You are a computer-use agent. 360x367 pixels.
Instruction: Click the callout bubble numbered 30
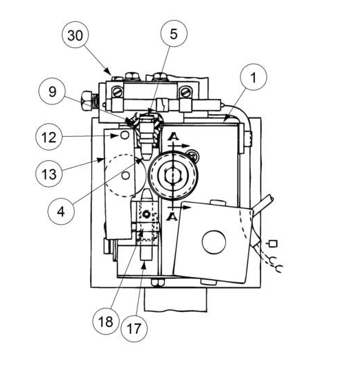tap(76, 35)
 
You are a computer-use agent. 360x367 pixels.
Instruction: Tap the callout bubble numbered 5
tap(174, 34)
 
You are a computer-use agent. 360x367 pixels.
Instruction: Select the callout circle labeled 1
tap(254, 77)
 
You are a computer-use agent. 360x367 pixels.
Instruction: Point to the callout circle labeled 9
tap(52, 91)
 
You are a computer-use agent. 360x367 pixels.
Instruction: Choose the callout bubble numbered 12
tap(49, 137)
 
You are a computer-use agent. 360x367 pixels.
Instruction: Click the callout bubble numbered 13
tap(49, 173)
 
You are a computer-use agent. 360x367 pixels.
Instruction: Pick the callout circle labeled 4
tap(61, 211)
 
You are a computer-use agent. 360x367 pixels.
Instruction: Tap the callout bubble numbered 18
tap(106, 321)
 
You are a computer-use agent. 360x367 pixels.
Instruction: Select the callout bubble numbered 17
tap(134, 328)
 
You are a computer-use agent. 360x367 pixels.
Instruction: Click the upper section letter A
tap(173, 137)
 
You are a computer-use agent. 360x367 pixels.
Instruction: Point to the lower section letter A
tap(172, 216)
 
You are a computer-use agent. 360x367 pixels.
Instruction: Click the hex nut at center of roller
tap(172, 175)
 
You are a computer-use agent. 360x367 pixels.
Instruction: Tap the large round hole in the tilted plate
tap(214, 242)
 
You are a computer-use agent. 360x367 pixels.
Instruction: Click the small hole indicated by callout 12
tap(125, 135)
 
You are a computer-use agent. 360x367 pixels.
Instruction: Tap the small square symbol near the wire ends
tap(273, 244)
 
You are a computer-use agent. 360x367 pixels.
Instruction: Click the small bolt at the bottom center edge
tap(157, 282)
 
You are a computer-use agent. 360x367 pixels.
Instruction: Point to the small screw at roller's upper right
tap(194, 155)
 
